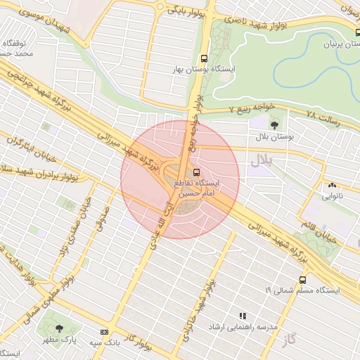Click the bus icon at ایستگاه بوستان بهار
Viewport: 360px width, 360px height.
pos(204,59)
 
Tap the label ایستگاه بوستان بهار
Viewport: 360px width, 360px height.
pos(207,70)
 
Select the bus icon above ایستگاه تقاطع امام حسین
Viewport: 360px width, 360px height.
pos(196,172)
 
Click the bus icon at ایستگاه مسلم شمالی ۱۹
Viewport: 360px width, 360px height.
pos(302,279)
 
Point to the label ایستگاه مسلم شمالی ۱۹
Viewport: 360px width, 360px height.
pos(302,290)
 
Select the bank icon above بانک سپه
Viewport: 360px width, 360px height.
pos(105,332)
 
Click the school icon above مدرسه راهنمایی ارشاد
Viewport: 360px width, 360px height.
pos(243,316)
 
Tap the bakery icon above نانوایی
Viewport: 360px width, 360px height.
pos(331,186)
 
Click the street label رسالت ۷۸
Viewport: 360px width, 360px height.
pos(323,115)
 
